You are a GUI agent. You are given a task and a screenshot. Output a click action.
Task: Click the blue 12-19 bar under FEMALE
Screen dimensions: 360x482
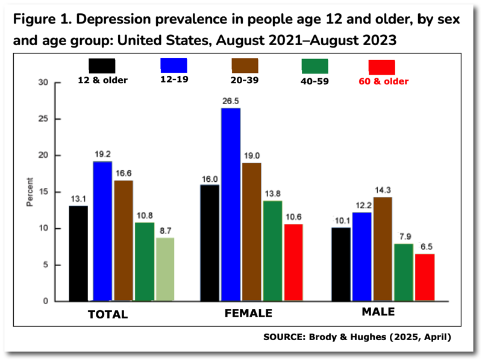(x=230, y=205)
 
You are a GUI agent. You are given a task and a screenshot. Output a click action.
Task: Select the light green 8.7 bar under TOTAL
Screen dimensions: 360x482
(x=166, y=269)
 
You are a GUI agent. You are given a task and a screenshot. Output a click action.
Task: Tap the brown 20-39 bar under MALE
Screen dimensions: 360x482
(x=382, y=249)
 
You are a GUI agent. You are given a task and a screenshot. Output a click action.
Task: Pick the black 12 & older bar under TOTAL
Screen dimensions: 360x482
(x=78, y=253)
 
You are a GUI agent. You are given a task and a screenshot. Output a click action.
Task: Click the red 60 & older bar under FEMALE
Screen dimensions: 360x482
(x=293, y=262)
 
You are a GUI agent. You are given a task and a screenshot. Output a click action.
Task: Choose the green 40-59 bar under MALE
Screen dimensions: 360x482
(x=403, y=272)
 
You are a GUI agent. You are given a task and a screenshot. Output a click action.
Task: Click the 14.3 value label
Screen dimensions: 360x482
(x=382, y=190)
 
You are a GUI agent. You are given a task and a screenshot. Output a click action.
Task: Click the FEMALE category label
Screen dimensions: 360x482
(x=248, y=314)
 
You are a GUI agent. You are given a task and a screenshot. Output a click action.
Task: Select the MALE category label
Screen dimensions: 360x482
(x=378, y=312)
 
